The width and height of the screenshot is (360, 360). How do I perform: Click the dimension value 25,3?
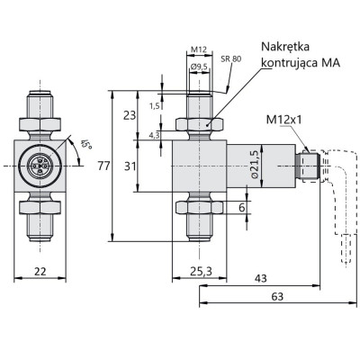tap(201, 270)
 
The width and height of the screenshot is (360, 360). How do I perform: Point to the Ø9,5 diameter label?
tap(201, 66)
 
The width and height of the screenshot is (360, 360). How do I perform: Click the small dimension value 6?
tap(241, 208)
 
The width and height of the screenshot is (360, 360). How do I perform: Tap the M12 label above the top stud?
tap(201, 49)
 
